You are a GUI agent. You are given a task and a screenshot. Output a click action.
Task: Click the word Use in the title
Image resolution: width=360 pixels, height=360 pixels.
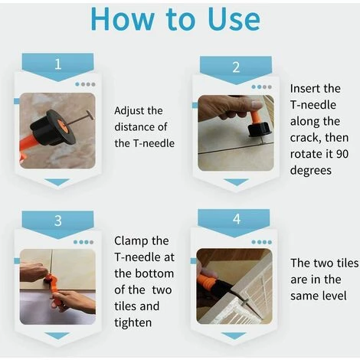pyautogui.click(x=234, y=19)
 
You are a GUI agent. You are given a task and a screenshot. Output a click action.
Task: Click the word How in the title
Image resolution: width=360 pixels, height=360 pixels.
pyautogui.click(x=123, y=19)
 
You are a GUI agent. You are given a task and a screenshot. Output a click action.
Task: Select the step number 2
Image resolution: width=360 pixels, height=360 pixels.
pyautogui.click(x=236, y=67)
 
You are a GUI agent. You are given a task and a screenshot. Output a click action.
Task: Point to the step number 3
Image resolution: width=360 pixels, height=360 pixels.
pyautogui.click(x=58, y=221)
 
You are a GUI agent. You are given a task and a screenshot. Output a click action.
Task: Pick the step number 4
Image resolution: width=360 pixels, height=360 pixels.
pyautogui.click(x=237, y=219)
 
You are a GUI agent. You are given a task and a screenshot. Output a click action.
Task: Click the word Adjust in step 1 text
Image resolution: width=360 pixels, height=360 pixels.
pyautogui.click(x=129, y=111)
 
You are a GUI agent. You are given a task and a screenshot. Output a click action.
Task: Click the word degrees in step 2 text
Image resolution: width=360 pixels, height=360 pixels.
pyautogui.click(x=311, y=171)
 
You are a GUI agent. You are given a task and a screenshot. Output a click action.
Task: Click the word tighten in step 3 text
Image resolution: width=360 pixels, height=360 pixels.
pyautogui.click(x=133, y=322)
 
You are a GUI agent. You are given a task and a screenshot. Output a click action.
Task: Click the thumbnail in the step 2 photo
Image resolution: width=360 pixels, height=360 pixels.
pyautogui.click(x=257, y=104)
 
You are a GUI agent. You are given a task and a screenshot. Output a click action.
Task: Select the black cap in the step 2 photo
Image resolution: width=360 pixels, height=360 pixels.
pyautogui.click(x=257, y=129)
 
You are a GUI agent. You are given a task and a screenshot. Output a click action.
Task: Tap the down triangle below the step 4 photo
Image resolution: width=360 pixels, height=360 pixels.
pyautogui.click(x=234, y=335)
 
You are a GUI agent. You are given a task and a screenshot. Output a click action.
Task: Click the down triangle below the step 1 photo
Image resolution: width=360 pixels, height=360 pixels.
pyautogui.click(x=57, y=182)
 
